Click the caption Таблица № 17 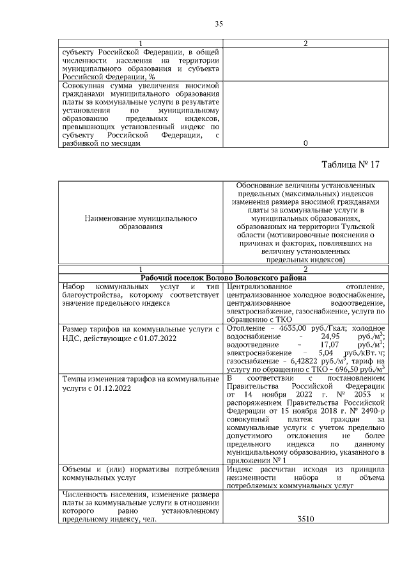350,164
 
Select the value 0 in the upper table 305,143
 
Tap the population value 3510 305,520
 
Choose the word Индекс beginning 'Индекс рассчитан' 240,470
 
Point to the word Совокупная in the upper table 84,85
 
